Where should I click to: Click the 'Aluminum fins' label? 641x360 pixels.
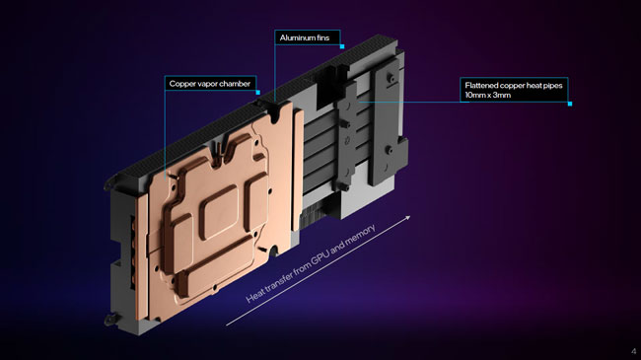[305, 37]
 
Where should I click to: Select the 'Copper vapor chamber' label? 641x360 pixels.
[210, 84]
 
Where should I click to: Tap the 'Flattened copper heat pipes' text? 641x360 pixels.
[514, 86]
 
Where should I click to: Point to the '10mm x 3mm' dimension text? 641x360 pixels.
[488, 95]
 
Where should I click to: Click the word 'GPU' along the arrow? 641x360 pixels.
[320, 258]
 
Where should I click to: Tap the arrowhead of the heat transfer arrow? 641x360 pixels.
[406, 218]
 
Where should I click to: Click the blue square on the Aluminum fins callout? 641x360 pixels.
[342, 46]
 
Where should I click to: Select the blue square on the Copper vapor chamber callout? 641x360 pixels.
[258, 93]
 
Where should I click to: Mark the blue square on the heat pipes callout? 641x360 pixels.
[570, 104]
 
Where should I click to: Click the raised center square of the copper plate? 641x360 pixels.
[218, 211]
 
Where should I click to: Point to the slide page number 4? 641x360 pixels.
[634, 351]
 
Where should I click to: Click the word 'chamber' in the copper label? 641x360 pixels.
[235, 84]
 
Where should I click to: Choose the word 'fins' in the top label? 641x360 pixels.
[321, 37]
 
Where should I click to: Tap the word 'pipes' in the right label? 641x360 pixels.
[552, 86]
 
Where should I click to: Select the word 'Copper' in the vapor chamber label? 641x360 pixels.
[181, 84]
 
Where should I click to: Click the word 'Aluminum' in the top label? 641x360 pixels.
[296, 37]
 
